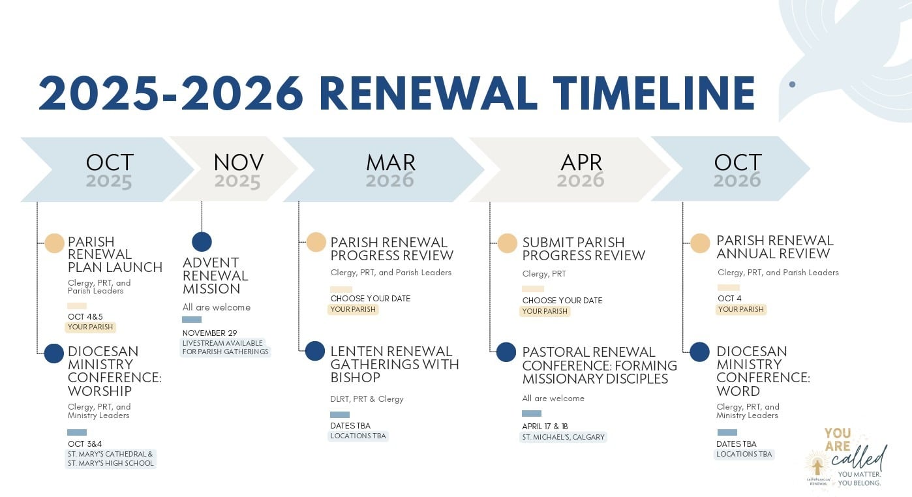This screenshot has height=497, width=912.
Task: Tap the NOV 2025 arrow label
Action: point(238,170)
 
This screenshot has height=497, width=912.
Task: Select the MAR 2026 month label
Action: point(391,170)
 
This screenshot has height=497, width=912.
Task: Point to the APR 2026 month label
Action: point(581,170)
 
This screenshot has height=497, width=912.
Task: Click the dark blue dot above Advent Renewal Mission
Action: point(202,242)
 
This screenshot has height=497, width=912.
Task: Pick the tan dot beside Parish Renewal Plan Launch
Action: point(55,243)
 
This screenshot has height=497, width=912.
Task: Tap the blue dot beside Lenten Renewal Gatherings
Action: point(315,351)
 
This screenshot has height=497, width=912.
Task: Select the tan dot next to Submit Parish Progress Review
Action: point(508,243)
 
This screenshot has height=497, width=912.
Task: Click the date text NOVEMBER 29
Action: point(209,333)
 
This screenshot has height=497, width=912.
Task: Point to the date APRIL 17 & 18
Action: point(545,426)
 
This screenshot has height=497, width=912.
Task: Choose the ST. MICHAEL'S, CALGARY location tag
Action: point(564,437)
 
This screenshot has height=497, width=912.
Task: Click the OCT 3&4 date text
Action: point(85,444)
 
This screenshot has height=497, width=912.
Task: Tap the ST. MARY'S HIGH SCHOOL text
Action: point(111,463)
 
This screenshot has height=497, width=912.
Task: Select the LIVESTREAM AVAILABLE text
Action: point(222,343)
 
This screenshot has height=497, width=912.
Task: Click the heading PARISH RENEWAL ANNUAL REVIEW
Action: point(775,247)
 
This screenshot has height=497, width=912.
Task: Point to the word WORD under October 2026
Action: point(738,391)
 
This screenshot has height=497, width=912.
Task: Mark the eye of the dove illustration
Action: point(793,84)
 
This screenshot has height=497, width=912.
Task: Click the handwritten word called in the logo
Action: point(859,457)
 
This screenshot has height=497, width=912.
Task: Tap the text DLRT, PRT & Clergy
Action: point(367,399)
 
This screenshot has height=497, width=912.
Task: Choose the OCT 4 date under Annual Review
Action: point(729,298)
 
